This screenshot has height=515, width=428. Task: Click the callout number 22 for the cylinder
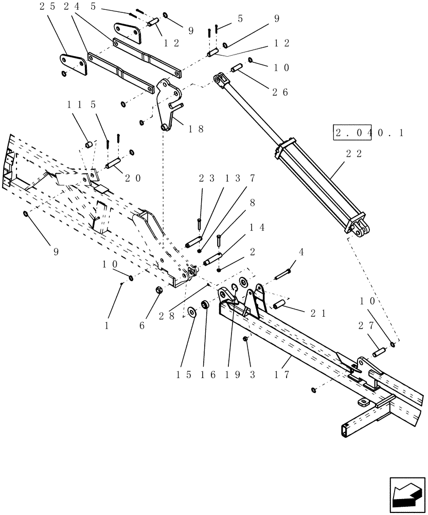(354, 153)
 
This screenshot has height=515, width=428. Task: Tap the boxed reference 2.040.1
(369, 133)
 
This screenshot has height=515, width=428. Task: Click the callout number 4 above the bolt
(301, 252)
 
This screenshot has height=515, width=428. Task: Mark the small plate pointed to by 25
(72, 64)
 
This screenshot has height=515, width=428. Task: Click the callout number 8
(252, 204)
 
